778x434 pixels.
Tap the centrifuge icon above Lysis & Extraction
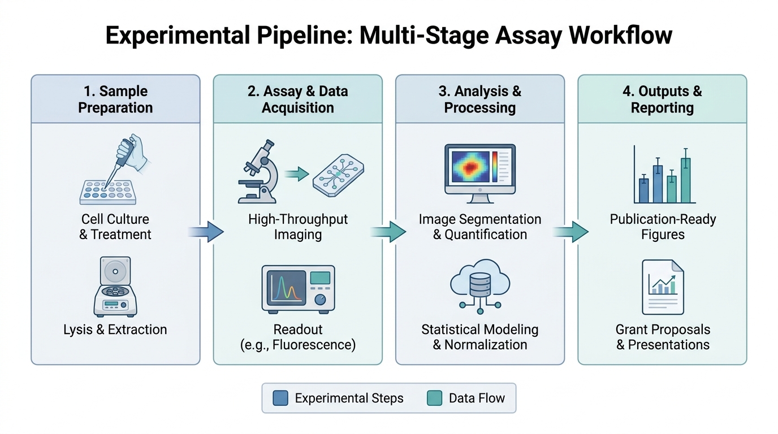[x=115, y=287]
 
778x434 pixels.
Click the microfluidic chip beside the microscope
[x=338, y=175]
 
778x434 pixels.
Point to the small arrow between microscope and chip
[x=297, y=174]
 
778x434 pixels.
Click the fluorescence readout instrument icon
[x=298, y=289]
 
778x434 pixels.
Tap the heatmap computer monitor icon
[x=480, y=173]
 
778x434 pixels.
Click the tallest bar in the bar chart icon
[x=686, y=176]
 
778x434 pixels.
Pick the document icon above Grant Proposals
[x=663, y=287]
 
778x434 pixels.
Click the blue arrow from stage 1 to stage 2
[x=206, y=232]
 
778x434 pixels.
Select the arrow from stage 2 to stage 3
[x=388, y=232]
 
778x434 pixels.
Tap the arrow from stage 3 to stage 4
[x=570, y=232]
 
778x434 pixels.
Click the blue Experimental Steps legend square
[x=280, y=398]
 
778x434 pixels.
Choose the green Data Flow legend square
[x=434, y=398]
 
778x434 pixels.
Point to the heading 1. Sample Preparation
[x=115, y=99]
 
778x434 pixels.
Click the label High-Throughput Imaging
[x=298, y=227]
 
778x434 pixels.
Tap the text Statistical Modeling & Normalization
[x=480, y=337]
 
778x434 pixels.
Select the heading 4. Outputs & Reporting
[x=662, y=99]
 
